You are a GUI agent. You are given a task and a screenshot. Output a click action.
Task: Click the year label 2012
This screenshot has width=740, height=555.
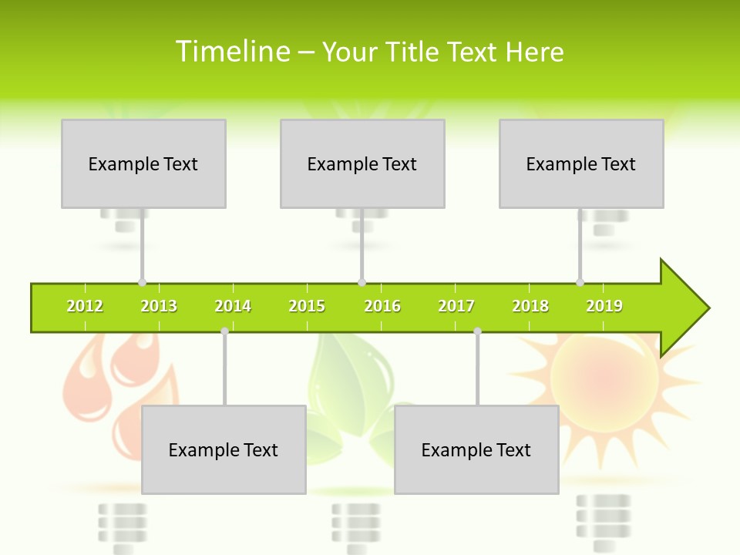[x=85, y=306]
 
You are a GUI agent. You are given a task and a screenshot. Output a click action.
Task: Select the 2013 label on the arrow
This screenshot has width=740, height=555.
[x=159, y=306]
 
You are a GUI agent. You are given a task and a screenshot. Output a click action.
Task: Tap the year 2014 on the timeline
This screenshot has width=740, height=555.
[x=233, y=306]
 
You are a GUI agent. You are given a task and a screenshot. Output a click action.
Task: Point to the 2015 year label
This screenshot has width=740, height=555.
[x=307, y=306]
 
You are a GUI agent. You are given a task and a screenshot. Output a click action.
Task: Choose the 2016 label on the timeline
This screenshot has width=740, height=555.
[x=382, y=306]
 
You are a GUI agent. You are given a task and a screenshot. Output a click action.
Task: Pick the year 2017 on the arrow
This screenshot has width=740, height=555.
[x=456, y=306]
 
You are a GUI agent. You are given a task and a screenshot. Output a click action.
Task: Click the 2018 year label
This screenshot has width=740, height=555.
[x=530, y=306]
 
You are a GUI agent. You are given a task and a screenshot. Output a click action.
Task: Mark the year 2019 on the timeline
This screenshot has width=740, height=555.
[x=604, y=306]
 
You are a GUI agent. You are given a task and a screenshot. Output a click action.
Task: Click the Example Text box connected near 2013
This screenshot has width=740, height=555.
[x=143, y=163]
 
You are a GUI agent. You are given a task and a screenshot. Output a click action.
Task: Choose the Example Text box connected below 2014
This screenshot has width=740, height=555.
[x=224, y=449]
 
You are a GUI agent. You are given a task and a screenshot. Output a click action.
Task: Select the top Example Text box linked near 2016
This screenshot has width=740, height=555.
[x=362, y=163]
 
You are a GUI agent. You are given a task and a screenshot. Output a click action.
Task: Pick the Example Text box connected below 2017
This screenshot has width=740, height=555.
[x=476, y=449]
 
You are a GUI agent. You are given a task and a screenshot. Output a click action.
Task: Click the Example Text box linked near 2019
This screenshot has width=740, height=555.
[x=581, y=163]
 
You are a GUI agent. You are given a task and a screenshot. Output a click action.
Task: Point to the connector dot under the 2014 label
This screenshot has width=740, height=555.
[x=224, y=331]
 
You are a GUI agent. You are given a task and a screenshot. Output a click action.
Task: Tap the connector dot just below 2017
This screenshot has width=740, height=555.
[x=477, y=331]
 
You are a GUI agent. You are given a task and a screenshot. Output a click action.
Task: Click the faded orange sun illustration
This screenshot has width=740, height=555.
[x=605, y=378]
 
